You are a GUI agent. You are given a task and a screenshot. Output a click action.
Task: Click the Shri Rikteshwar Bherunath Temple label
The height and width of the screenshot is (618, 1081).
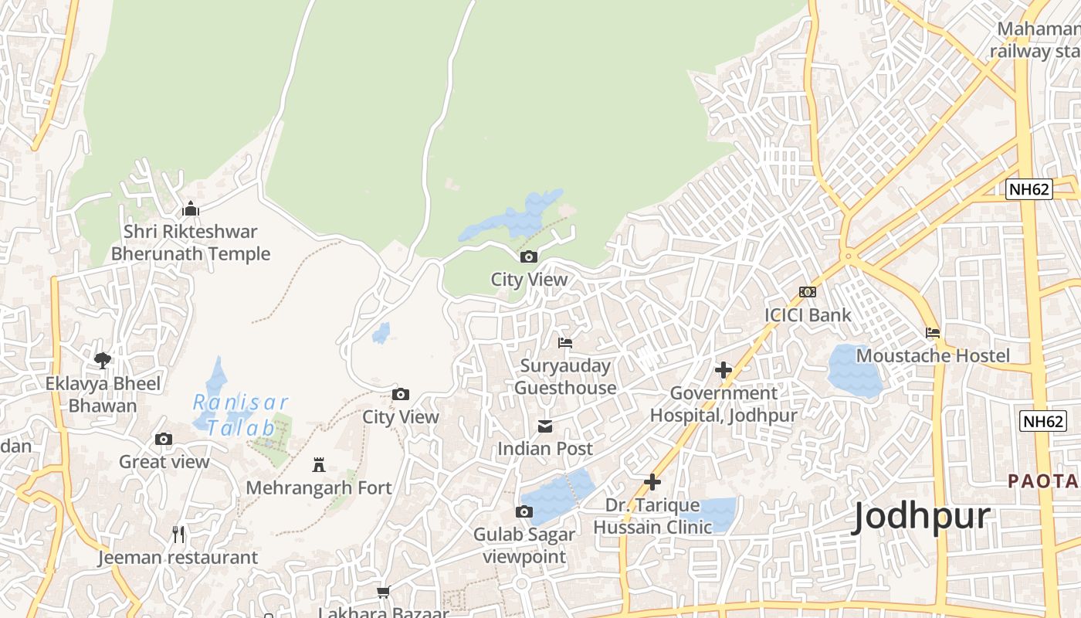click(191, 243)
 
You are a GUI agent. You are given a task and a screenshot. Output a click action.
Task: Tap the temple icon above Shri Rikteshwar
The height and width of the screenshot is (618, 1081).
click(191, 209)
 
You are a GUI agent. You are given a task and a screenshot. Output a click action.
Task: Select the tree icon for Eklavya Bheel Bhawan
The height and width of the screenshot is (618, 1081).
click(103, 360)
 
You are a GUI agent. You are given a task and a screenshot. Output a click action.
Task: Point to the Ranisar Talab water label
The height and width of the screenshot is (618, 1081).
click(240, 415)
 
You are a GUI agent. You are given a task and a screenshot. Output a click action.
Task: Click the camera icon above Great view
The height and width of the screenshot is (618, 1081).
click(164, 439)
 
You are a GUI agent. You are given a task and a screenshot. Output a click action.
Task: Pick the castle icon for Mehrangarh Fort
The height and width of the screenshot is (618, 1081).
click(319, 464)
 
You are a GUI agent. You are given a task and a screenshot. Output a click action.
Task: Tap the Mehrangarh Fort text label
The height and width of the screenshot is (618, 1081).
click(319, 488)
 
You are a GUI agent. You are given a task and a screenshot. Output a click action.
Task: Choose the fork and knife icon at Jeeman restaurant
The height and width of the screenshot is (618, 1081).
click(178, 534)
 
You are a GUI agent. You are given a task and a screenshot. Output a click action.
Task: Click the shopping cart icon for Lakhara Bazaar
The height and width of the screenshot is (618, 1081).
click(383, 593)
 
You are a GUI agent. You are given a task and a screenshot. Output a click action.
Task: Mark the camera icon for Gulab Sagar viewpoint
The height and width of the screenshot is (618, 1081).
click(524, 511)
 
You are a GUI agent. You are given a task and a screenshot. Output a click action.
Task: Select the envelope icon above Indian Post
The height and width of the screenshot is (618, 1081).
click(545, 426)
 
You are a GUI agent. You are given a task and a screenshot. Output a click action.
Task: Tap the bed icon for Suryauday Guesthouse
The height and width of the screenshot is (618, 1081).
click(565, 342)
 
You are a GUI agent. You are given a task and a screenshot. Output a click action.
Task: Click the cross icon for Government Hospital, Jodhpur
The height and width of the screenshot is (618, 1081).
click(723, 370)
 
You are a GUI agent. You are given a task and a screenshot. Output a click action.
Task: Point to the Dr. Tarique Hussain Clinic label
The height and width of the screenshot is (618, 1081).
click(652, 516)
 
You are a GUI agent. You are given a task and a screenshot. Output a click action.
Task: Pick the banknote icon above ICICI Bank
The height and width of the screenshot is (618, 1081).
click(808, 292)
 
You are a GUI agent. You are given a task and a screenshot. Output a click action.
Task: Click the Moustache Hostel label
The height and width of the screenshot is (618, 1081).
click(933, 355)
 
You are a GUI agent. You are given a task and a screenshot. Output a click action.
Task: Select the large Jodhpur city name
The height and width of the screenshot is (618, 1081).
click(920, 517)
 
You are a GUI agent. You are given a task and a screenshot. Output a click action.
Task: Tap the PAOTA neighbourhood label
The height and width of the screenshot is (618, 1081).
click(1042, 481)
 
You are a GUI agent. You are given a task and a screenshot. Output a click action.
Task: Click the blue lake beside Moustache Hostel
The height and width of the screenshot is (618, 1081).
click(853, 372)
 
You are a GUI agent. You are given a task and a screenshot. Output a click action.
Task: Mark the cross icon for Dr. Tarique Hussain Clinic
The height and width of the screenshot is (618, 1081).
click(652, 482)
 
